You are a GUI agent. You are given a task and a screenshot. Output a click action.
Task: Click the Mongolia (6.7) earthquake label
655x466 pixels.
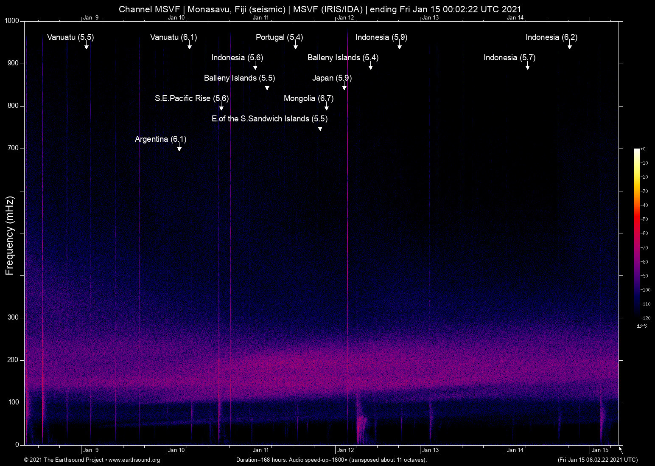click(x=308, y=98)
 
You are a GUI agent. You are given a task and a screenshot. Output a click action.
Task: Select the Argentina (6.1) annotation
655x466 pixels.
click(x=160, y=139)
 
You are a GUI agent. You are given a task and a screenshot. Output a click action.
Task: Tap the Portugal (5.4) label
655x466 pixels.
click(x=279, y=37)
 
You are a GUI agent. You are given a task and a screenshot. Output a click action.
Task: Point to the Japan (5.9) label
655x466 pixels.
click(x=332, y=78)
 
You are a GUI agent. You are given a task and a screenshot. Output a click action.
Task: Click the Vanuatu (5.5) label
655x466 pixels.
click(x=70, y=37)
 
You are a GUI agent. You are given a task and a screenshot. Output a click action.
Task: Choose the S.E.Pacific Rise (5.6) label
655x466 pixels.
click(x=192, y=98)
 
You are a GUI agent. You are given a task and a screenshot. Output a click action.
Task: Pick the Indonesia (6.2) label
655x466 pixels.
click(x=551, y=37)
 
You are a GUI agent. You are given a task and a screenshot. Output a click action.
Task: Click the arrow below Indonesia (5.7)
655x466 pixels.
click(x=528, y=67)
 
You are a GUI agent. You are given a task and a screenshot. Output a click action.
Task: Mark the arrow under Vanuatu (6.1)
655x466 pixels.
click(x=190, y=47)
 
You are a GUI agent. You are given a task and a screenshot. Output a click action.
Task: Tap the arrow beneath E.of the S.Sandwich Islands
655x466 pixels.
click(x=320, y=128)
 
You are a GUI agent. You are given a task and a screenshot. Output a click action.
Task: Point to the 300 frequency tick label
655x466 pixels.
click(x=14, y=317)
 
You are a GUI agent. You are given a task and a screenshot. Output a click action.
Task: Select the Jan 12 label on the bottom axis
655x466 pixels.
click(x=345, y=450)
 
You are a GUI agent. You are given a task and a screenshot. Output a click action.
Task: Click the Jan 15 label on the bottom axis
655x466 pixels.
click(x=600, y=450)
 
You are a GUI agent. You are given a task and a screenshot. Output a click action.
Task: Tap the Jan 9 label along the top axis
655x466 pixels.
click(x=91, y=17)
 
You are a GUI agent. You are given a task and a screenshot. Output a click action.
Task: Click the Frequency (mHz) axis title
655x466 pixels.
click(x=10, y=236)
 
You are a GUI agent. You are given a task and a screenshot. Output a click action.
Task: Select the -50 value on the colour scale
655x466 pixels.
click(x=644, y=219)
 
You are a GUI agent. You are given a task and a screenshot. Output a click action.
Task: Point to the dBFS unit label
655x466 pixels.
click(x=641, y=326)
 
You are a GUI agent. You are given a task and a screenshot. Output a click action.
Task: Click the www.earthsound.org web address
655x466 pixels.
click(x=134, y=460)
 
